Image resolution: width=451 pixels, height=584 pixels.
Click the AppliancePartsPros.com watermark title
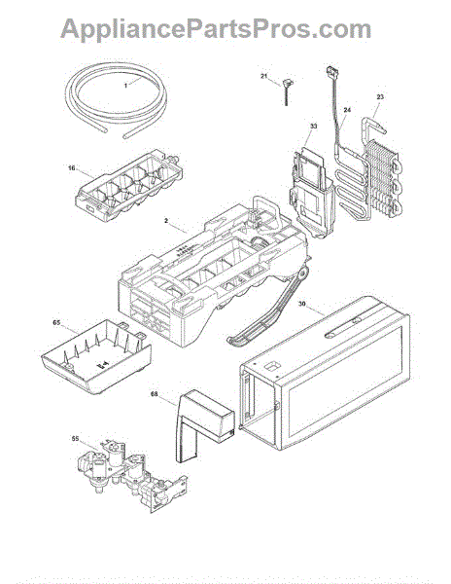click(216, 29)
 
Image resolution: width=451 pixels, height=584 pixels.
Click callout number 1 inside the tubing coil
click(125, 86)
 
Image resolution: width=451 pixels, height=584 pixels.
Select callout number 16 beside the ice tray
click(71, 168)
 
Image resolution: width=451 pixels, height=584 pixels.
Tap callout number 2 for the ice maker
click(166, 221)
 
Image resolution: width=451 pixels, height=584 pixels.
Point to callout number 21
click(264, 76)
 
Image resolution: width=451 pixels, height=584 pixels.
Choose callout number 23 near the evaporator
click(380, 96)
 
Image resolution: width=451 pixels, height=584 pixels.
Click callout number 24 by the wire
click(347, 110)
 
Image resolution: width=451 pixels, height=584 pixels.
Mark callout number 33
click(313, 127)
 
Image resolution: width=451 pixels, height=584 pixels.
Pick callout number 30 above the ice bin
click(302, 304)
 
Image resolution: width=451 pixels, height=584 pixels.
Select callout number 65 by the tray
click(56, 322)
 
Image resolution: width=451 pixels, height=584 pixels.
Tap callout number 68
click(154, 393)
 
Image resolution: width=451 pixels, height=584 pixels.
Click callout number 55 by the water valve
click(75, 439)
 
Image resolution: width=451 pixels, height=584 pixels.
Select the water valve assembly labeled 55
click(132, 475)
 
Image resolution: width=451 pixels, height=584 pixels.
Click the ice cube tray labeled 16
click(129, 186)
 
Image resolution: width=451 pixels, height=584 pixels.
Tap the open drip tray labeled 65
click(96, 355)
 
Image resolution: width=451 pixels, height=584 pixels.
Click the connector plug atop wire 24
click(330, 71)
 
